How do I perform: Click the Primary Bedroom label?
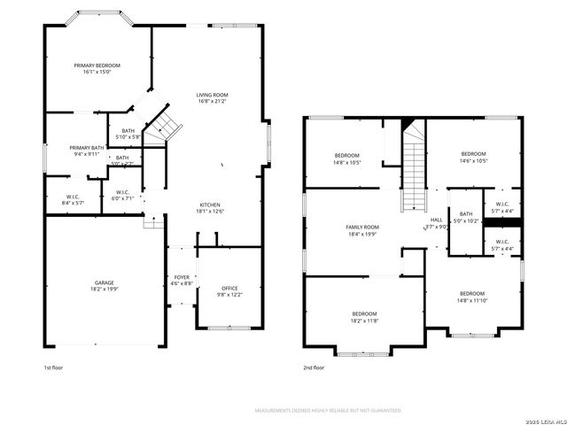click(97, 69)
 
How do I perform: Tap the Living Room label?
click(213, 97)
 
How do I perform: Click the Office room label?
click(229, 291)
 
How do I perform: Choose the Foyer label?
click(181, 281)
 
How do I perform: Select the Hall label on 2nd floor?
click(437, 223)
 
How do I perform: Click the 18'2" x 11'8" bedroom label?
click(364, 317)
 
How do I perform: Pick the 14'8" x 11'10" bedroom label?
click(471, 297)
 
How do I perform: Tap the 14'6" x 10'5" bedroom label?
click(473, 157)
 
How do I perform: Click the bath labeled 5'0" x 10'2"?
click(466, 217)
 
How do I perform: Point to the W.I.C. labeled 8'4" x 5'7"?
click(74, 200)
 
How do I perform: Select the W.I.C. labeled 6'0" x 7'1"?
click(123, 196)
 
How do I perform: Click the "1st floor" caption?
click(54, 367)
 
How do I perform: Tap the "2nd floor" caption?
click(314, 367)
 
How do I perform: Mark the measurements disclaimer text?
click(329, 411)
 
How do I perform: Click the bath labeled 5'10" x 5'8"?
click(128, 134)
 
